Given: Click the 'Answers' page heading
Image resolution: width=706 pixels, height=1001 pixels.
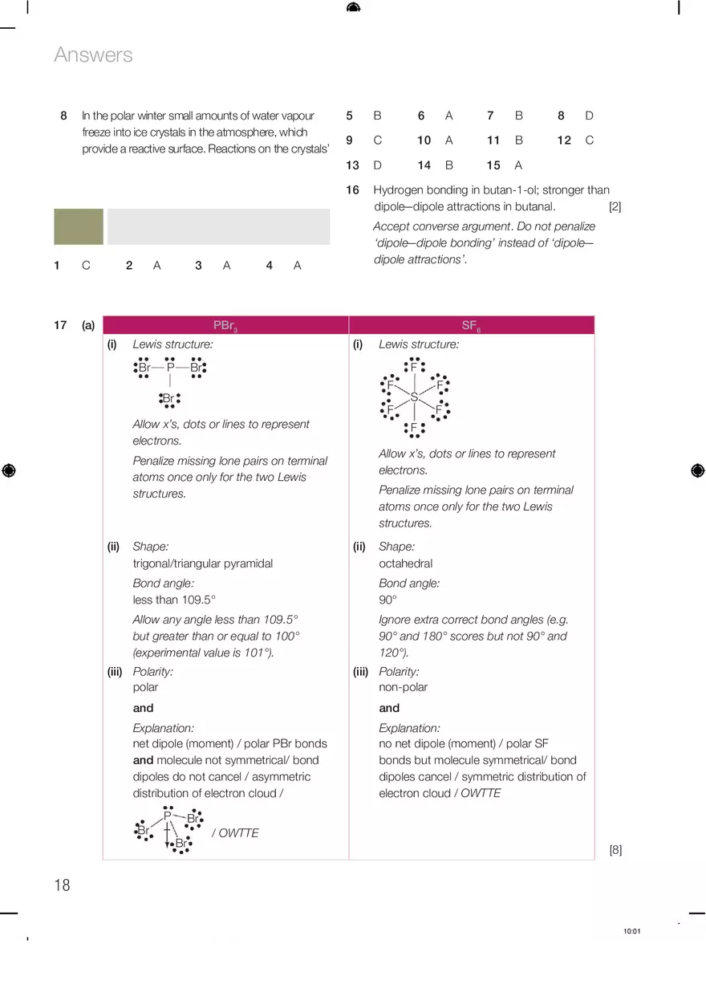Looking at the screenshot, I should click(93, 55).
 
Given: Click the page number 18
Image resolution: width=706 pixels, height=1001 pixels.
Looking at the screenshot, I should click(62, 885).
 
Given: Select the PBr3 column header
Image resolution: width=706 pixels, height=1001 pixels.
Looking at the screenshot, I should click(225, 325).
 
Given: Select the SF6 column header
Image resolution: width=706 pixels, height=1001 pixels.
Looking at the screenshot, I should click(471, 325).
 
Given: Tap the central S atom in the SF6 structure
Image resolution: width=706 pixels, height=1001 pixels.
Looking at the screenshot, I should click(414, 397).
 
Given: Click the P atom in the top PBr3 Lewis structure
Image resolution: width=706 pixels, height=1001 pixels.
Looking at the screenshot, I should click(170, 368).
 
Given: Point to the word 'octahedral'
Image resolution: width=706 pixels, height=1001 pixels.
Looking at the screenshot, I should click(405, 564).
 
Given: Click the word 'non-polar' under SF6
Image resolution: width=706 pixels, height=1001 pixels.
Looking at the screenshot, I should click(403, 687).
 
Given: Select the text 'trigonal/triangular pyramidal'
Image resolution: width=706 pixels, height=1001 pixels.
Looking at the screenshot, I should click(202, 564).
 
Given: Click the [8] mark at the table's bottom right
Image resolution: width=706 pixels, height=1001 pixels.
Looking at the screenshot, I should click(615, 850).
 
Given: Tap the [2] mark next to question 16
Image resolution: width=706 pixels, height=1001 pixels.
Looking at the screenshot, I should click(615, 206).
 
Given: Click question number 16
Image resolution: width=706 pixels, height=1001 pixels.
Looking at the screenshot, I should click(352, 190).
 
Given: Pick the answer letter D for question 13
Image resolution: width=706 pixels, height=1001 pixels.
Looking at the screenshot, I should click(377, 165).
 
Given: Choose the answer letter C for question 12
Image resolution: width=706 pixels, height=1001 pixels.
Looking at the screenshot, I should click(589, 140).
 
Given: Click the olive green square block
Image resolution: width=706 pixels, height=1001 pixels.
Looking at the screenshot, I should click(79, 226).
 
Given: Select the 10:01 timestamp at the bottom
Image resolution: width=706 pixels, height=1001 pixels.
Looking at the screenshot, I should click(631, 931).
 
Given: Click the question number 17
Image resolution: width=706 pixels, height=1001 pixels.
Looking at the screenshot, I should click(60, 325).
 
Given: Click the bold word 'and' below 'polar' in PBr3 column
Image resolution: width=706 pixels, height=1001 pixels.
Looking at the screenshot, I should click(143, 708).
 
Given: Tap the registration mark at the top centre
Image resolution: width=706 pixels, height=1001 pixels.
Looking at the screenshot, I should click(353, 8).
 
